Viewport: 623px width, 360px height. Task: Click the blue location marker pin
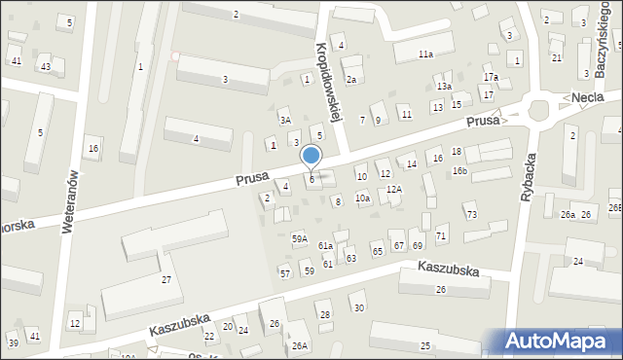tap(311, 157)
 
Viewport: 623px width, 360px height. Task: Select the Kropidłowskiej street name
tap(327, 81)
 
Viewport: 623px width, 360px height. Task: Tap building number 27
tap(166, 280)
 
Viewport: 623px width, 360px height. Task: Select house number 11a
tap(425, 54)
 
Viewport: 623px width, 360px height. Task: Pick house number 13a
tap(444, 87)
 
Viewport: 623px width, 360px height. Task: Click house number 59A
tap(300, 238)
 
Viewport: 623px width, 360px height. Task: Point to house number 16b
tap(459, 171)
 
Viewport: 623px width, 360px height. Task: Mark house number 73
tap(471, 214)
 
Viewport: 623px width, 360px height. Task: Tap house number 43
tap(45, 66)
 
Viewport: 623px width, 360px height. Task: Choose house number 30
tap(358, 308)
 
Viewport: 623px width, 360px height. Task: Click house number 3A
tap(285, 120)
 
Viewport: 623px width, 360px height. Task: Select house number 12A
tap(393, 190)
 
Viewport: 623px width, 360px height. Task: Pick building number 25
tap(424, 346)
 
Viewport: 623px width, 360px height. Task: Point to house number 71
tap(441, 236)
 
